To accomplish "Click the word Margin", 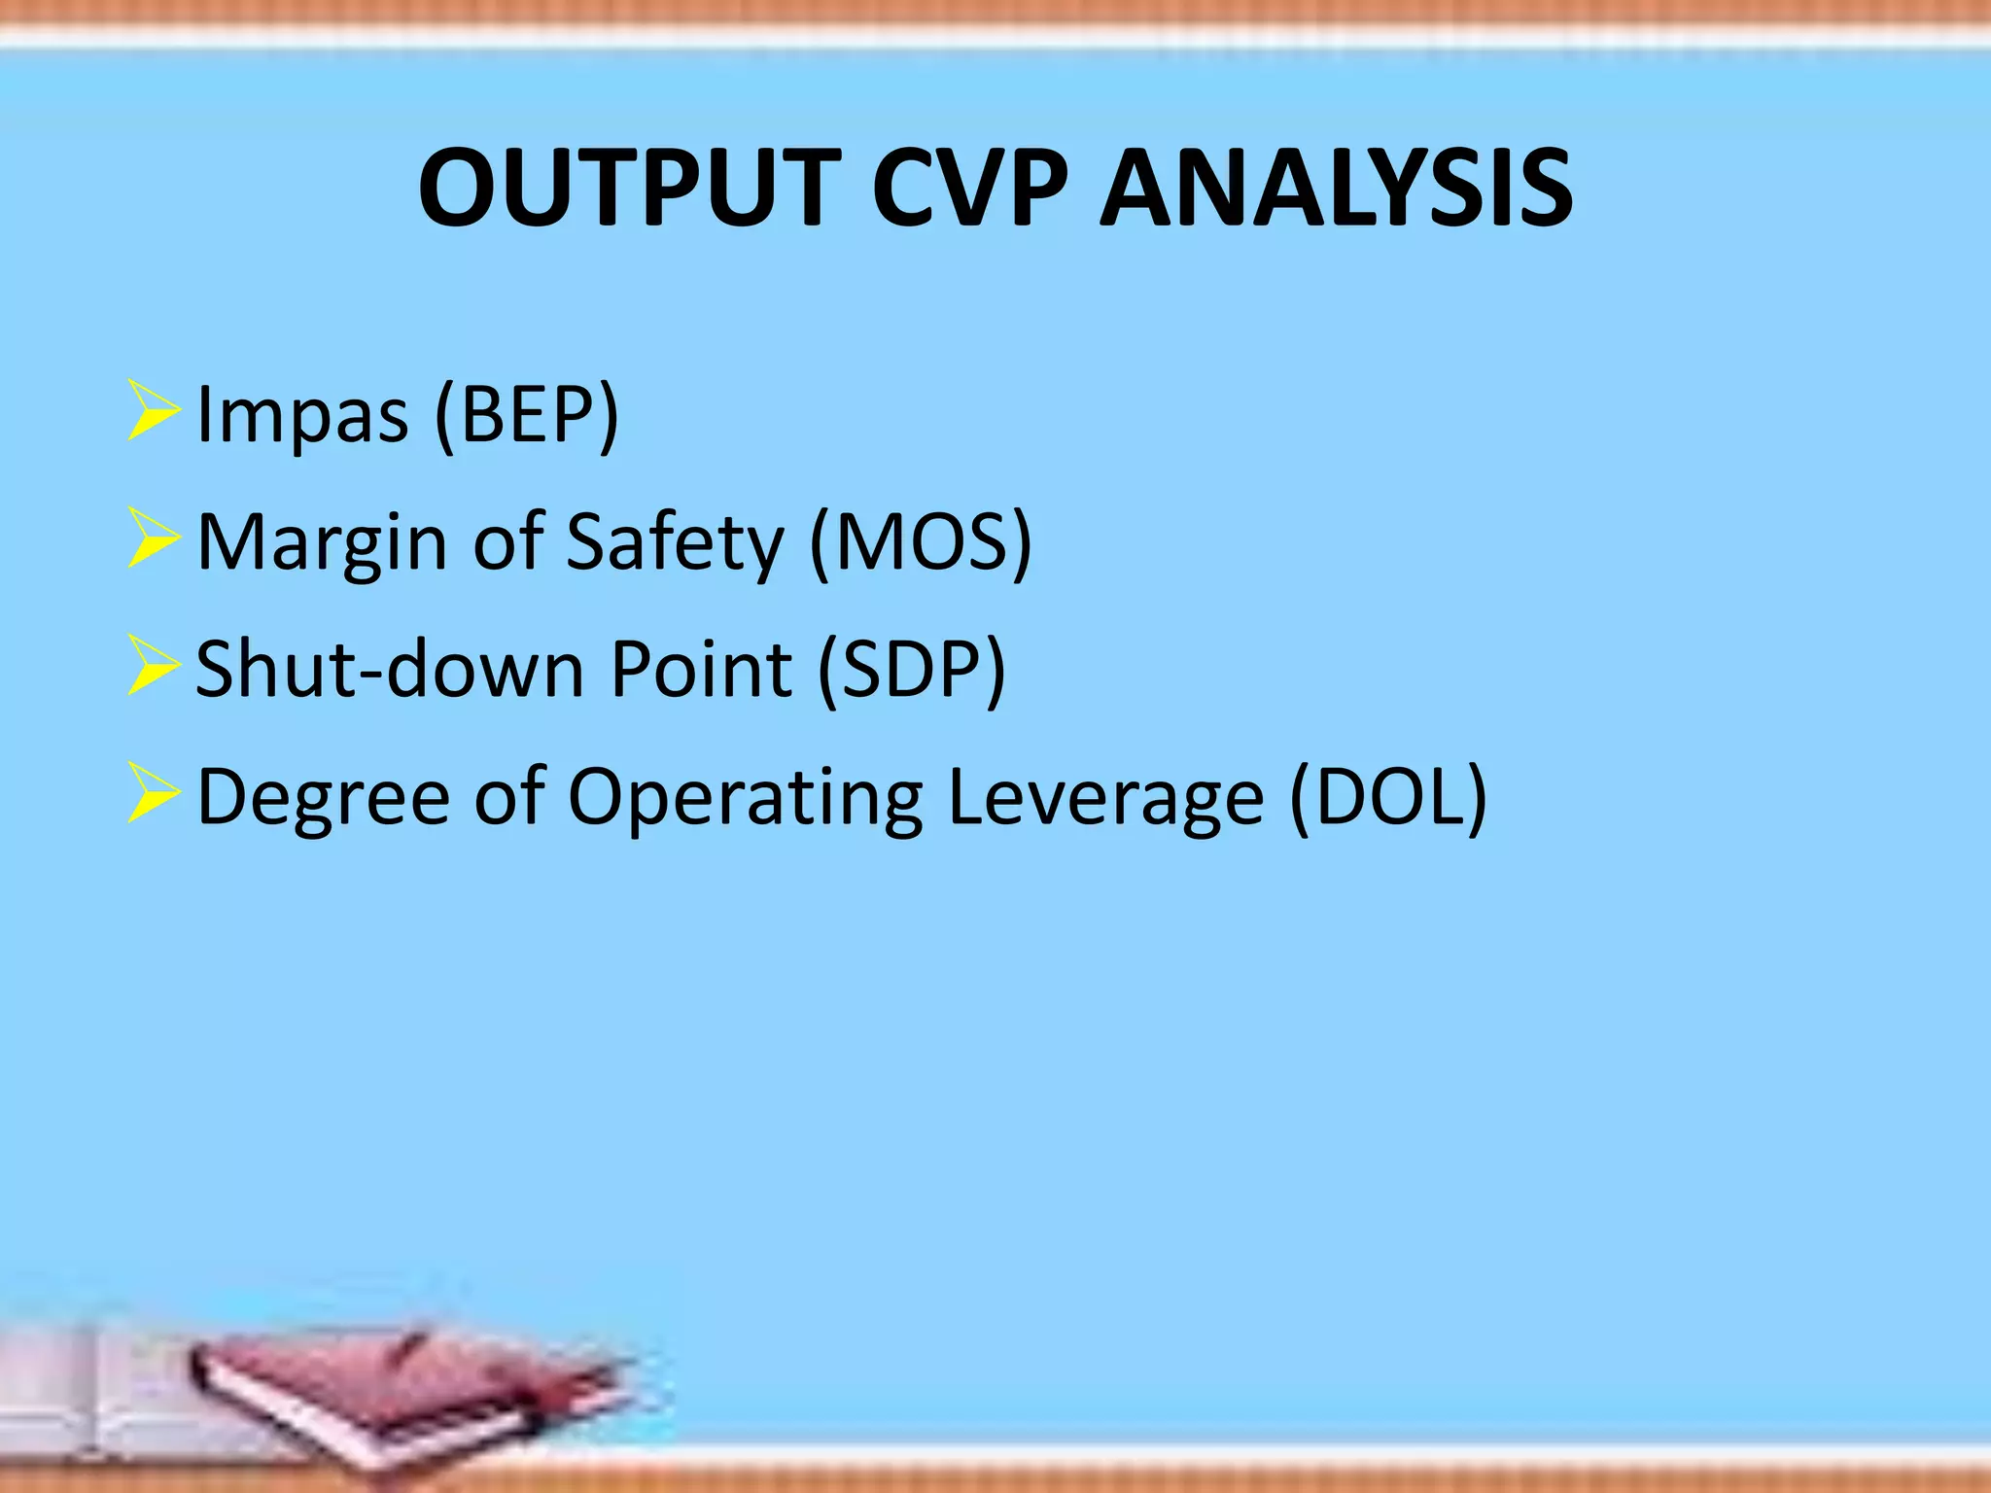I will (322, 542).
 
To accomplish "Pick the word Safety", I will (674, 542).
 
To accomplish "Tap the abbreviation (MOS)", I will (920, 542).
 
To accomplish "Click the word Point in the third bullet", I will (700, 670).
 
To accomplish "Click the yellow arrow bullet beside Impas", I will (153, 413).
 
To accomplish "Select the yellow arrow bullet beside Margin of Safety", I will (153, 540).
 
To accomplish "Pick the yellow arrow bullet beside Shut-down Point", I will (153, 668).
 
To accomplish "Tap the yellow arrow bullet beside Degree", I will (153, 795).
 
